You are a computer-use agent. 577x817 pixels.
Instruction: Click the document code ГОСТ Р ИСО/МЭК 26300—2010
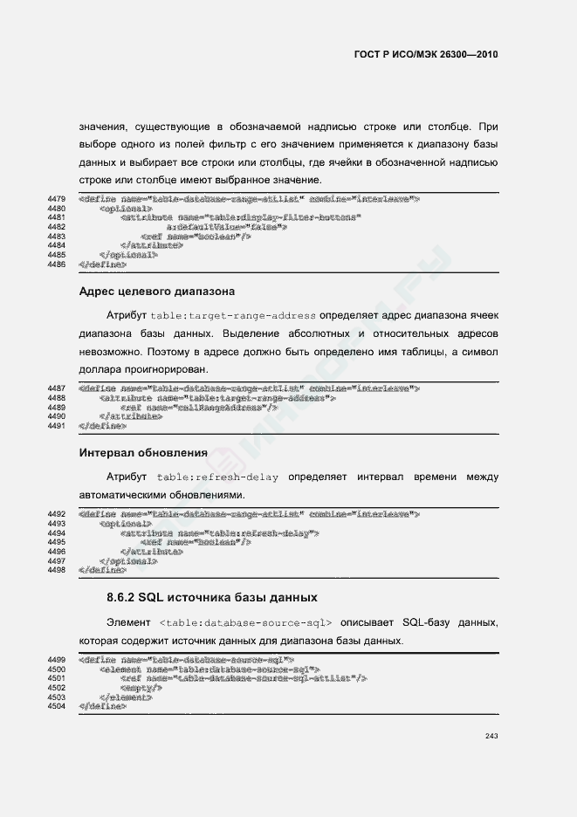426,54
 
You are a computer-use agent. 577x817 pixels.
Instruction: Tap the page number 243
491,737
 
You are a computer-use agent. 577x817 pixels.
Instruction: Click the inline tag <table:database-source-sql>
246,623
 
